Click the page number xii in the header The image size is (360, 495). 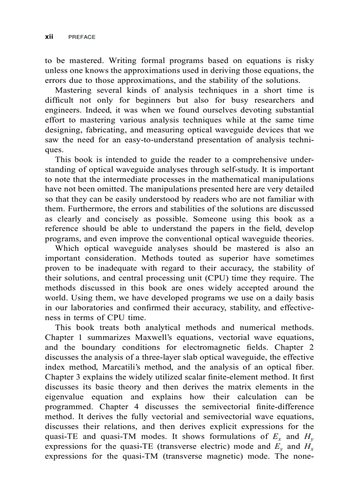49,37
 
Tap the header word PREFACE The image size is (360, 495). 82,37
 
